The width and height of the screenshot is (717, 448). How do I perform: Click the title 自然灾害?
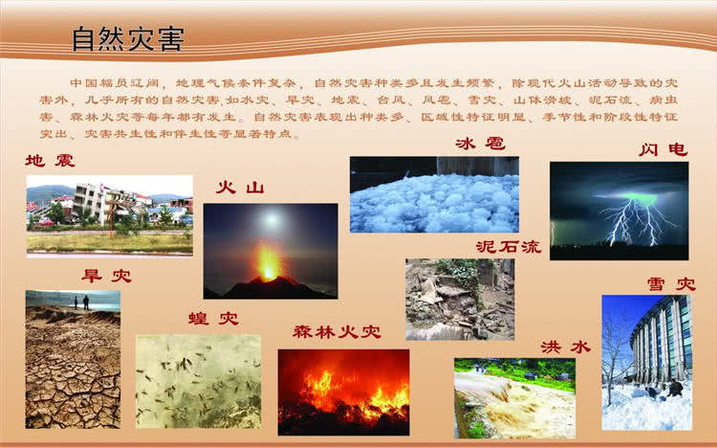coord(128,39)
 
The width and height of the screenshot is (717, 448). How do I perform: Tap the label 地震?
coord(50,161)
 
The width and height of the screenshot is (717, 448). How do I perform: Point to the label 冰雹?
coord(480,145)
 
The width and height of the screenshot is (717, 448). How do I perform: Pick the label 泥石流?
coord(508,246)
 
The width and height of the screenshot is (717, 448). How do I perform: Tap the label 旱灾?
coord(105,277)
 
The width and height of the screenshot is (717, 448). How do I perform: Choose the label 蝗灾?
coord(213,318)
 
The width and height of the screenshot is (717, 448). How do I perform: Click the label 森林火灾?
coord(337,332)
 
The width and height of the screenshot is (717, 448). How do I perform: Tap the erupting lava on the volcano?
coord(269,262)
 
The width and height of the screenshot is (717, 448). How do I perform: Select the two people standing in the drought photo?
coord(79,302)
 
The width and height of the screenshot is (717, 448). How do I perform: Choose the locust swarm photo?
coord(198,380)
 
